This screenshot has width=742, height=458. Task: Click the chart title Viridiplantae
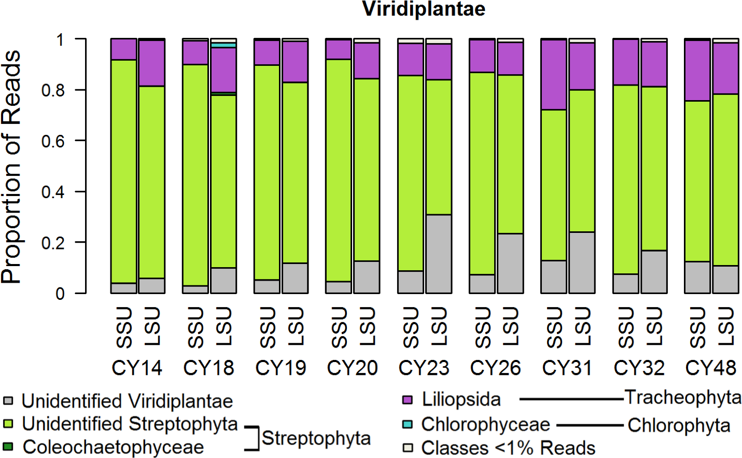point(424,9)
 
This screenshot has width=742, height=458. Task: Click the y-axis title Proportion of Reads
point(11,166)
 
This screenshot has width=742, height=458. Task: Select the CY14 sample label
point(137,368)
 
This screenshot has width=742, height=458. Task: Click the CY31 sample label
point(567,368)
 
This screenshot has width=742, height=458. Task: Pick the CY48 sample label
point(711,368)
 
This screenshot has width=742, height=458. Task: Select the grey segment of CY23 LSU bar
point(439,254)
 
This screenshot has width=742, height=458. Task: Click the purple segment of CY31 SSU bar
point(554,75)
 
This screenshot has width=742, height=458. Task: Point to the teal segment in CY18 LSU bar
point(223,45)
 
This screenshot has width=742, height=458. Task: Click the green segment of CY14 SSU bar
point(124,171)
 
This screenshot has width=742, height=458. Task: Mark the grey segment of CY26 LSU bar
point(510,263)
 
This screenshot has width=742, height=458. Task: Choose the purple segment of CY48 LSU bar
point(725,68)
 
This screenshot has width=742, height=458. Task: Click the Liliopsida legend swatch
point(408,399)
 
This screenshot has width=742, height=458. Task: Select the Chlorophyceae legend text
point(485,424)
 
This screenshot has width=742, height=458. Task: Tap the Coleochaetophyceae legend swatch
point(8,447)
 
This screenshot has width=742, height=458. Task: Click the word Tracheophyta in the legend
point(683,397)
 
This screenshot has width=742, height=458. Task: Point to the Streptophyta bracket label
point(316,438)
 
